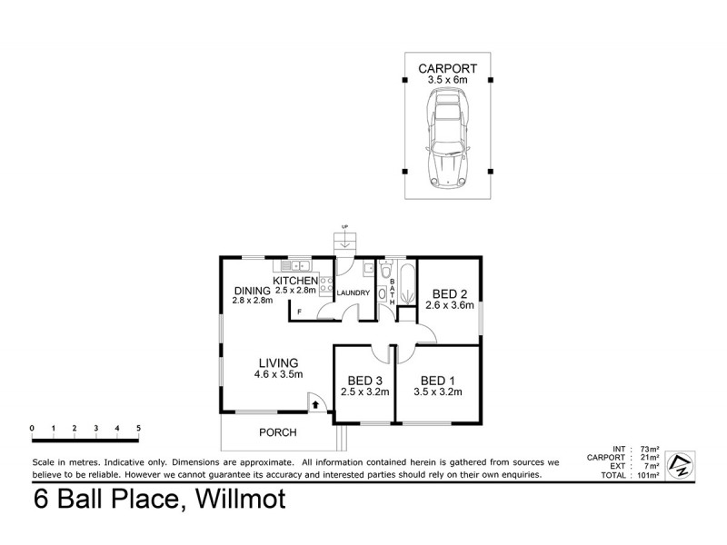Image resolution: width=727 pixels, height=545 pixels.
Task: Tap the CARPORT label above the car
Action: click(447, 68)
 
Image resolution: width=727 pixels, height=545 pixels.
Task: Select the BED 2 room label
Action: click(449, 293)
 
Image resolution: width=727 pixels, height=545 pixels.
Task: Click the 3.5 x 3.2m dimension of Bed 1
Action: click(438, 392)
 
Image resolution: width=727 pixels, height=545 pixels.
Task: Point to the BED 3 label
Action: click(364, 380)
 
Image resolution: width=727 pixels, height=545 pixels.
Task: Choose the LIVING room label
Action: click(277, 362)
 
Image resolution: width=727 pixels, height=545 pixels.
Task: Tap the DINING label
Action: click(252, 290)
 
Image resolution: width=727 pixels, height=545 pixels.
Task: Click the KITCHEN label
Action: click(295, 280)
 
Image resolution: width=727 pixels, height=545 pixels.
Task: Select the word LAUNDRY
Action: click(353, 293)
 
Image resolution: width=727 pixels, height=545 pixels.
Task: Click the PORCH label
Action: click(278, 432)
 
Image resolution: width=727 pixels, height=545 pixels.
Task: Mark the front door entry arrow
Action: click(314, 401)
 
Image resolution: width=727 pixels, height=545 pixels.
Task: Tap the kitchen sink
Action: click(296, 266)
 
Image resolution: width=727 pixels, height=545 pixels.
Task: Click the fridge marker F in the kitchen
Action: click(300, 312)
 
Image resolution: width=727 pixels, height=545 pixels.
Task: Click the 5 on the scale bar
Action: click(138, 427)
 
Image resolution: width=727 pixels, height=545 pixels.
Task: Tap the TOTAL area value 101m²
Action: click(650, 475)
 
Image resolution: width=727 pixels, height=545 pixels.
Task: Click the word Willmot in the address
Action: click(238, 499)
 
